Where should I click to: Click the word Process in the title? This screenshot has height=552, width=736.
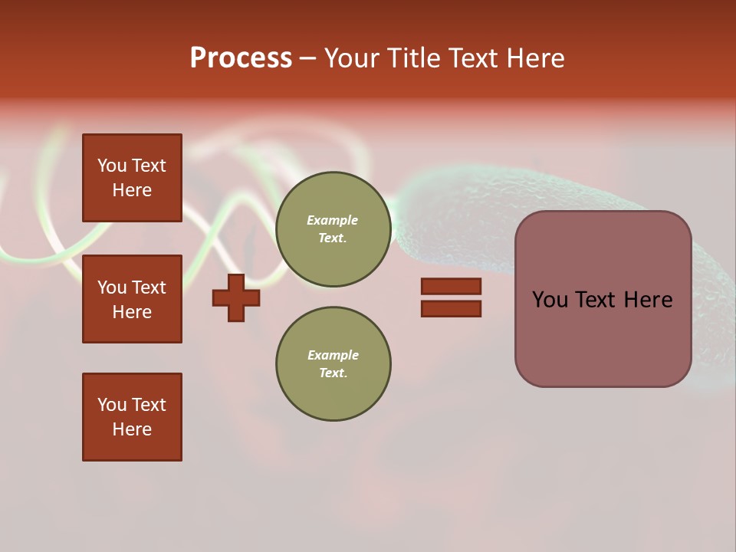tap(241, 58)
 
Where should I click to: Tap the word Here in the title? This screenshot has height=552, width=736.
tap(534, 58)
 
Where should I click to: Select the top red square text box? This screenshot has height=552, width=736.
tap(132, 178)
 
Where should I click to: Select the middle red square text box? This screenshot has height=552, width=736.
tap(132, 299)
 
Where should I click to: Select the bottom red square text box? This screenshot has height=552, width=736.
tap(132, 417)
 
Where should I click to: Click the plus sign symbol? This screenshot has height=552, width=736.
tap(236, 298)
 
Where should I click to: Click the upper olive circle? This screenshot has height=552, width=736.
tap(333, 229)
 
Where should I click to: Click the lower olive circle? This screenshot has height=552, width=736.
tap(333, 364)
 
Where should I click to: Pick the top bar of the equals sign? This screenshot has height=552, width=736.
tap(451, 287)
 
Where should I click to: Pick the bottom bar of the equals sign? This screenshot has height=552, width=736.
tap(451, 309)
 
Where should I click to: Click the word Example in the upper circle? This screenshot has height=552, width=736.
tap(333, 221)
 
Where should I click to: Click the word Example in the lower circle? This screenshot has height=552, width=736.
tap(333, 356)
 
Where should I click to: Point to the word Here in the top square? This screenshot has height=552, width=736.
tap(132, 191)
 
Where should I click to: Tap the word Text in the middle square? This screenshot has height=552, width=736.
tap(149, 287)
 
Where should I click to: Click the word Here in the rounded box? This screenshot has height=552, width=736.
tap(648, 300)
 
